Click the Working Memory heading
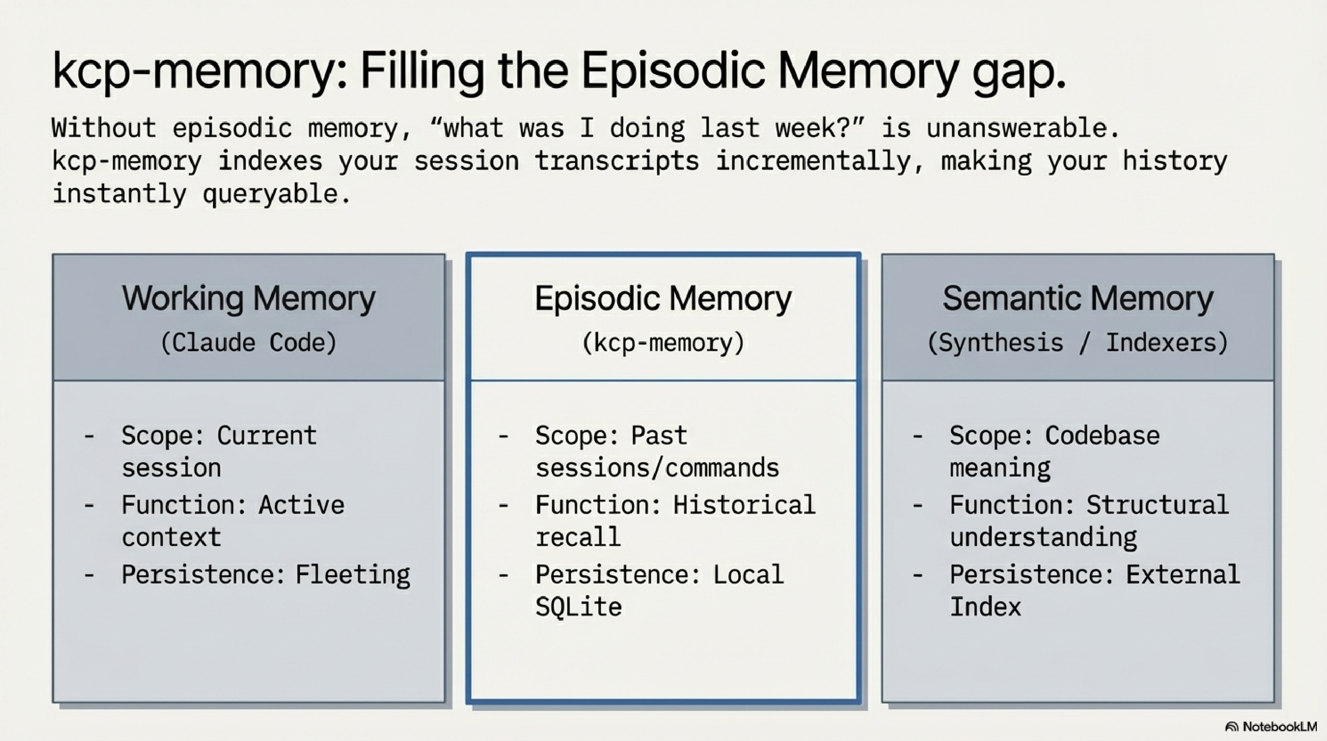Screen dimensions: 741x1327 point(249,299)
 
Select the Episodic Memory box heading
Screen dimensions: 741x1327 point(663,299)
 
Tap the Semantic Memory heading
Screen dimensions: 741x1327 point(1078,299)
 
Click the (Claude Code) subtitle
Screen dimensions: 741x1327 point(249,343)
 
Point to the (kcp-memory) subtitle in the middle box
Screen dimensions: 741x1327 point(663,343)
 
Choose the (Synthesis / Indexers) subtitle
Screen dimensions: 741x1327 point(1078,343)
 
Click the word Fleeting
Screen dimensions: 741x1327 point(353,575)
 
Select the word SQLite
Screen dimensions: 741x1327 point(578,607)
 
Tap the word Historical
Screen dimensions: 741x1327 point(745,505)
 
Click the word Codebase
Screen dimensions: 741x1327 point(1102,436)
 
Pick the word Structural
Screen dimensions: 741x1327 point(1158,505)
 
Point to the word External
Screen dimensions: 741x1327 point(1183,575)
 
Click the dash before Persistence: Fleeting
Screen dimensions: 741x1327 point(89,575)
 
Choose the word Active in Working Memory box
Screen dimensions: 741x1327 point(301,505)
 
